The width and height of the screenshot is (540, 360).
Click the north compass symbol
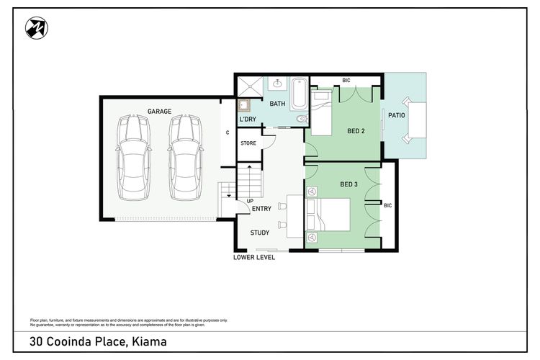point(37,28)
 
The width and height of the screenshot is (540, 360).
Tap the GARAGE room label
point(159,112)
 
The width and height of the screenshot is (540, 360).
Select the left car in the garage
point(133,158)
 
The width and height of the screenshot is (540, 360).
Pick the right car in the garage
point(185,158)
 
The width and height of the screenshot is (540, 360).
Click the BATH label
point(277,104)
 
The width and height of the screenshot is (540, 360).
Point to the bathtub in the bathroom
point(300,93)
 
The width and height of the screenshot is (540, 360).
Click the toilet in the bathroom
point(302,119)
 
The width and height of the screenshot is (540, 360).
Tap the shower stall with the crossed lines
point(251,86)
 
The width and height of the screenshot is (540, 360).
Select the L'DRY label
point(248,120)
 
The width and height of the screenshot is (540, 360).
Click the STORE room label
point(248,143)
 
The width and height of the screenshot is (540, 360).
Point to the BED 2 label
point(356,131)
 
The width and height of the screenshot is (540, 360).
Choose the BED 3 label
point(349,184)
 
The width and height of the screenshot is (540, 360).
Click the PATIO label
point(397,115)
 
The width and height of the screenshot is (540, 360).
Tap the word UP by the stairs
point(250,201)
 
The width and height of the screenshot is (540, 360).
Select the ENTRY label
point(262,208)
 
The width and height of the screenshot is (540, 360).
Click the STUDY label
point(260,233)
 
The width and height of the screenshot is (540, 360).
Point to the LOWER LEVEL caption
point(254,257)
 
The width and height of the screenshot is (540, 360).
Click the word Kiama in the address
point(150,341)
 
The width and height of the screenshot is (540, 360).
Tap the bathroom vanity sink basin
point(278,83)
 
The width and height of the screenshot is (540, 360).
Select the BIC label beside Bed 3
point(388,206)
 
